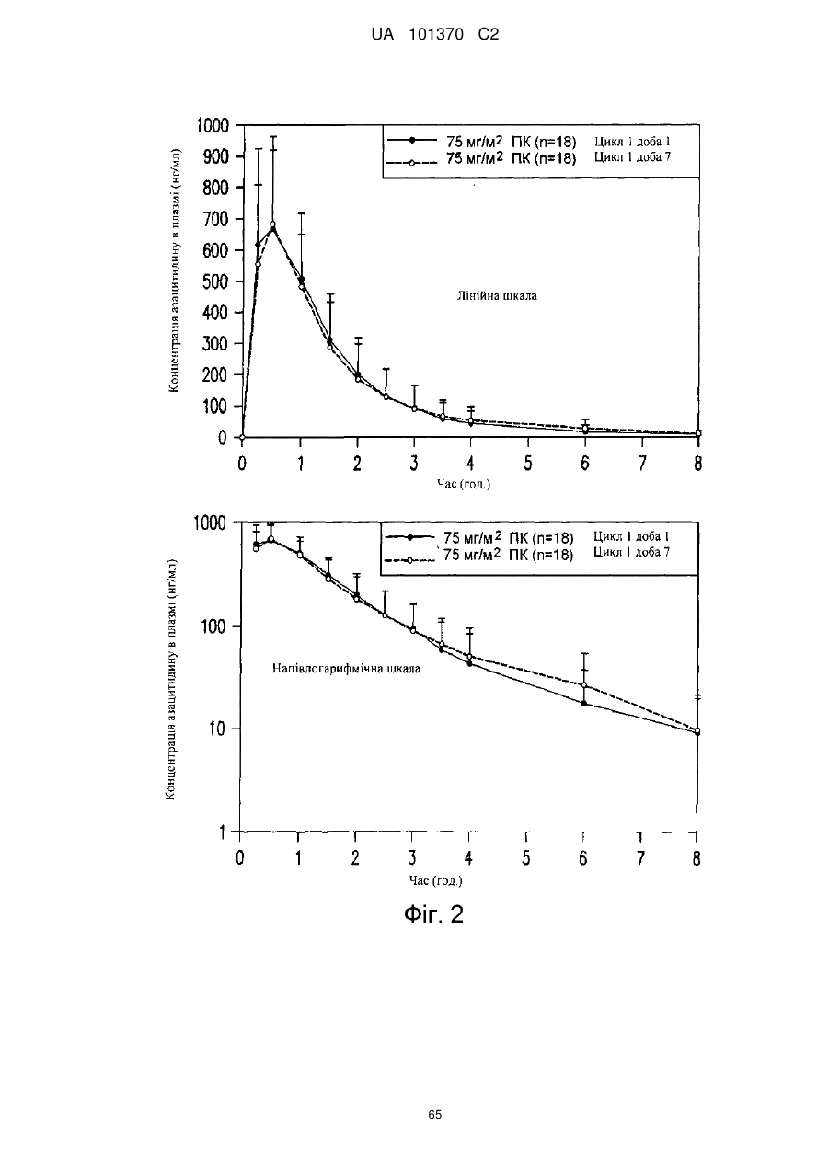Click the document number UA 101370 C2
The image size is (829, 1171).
pyautogui.click(x=434, y=35)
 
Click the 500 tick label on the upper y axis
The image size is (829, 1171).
pyautogui.click(x=215, y=281)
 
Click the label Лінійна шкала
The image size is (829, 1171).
pyautogui.click(x=497, y=296)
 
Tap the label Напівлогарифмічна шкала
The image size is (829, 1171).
pyautogui.click(x=346, y=669)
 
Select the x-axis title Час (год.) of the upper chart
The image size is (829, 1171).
pyautogui.click(x=464, y=484)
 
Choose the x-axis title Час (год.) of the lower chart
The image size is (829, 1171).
pyautogui.click(x=436, y=881)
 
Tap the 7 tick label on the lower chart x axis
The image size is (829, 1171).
pyautogui.click(x=640, y=858)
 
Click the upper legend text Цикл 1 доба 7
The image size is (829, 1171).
pyautogui.click(x=632, y=156)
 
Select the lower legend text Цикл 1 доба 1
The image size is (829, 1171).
pyautogui.click(x=631, y=536)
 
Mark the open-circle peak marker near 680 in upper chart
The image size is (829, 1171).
pyautogui.click(x=272, y=224)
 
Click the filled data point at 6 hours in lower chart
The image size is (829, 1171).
pyautogui.click(x=583, y=703)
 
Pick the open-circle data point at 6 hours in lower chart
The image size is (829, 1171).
pyautogui.click(x=583, y=685)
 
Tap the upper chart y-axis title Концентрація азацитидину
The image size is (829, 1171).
pyautogui.click(x=174, y=270)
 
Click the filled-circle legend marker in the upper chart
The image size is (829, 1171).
pyautogui.click(x=411, y=140)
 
